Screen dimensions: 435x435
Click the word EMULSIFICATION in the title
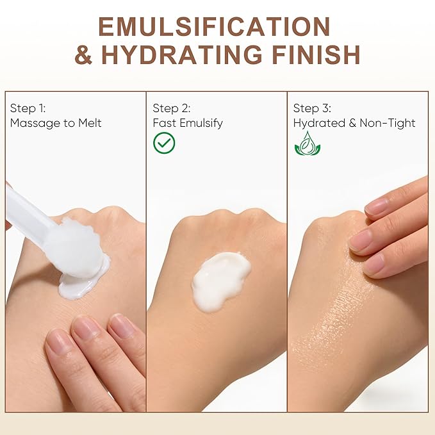coord(214,27)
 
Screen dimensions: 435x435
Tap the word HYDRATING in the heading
coord(181,54)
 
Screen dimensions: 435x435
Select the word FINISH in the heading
coord(316,54)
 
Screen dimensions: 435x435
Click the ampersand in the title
coord(83,54)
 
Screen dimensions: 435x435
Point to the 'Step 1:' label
coord(28,108)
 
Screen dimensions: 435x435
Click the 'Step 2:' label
coord(172,108)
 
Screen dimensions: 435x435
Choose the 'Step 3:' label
coord(312,108)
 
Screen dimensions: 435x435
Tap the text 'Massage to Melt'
coord(56,123)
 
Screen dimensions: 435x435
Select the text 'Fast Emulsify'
coord(188,123)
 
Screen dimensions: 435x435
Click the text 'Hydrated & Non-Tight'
coord(354,123)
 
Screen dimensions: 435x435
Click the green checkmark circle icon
coord(164,143)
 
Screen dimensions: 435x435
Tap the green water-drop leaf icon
coord(308,144)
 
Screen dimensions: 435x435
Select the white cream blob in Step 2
coord(221,281)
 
